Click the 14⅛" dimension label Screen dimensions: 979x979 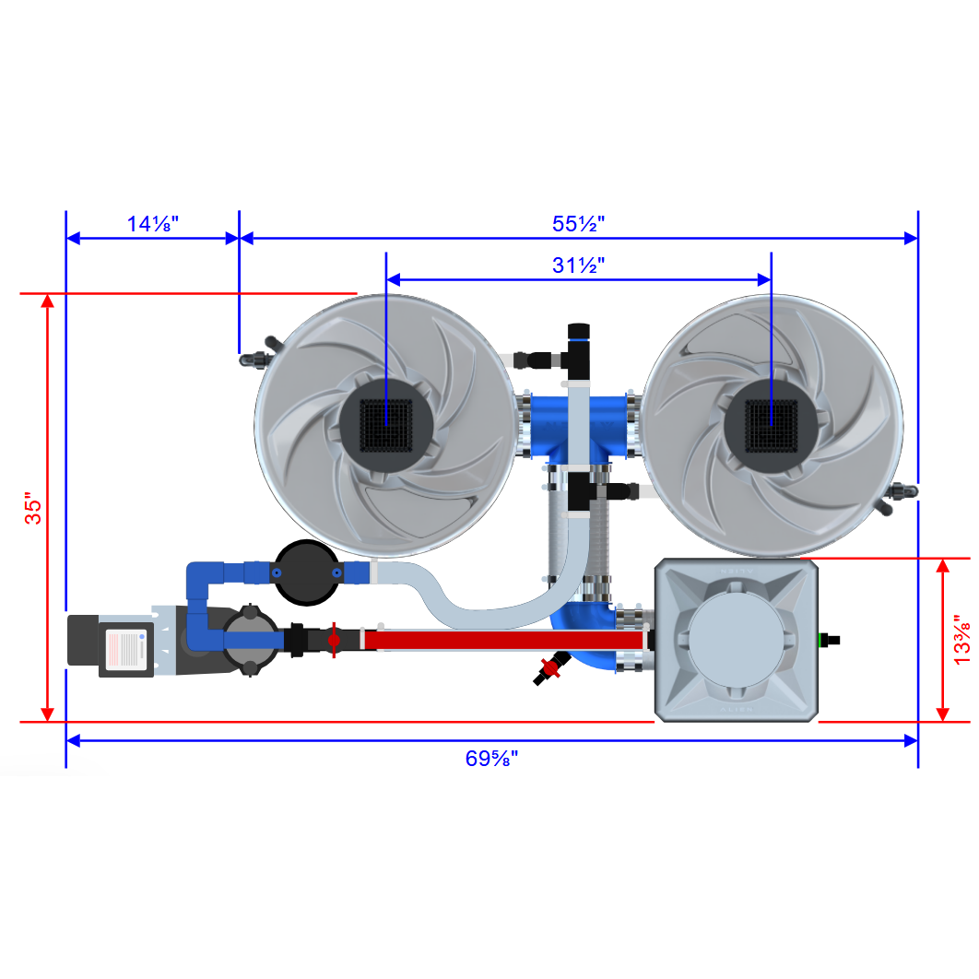152,224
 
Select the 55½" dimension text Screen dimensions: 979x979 578,224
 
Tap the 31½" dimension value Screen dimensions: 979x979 578,265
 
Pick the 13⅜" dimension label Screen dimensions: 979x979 961,639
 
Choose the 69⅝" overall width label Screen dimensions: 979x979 491,759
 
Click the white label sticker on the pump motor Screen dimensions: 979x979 126,649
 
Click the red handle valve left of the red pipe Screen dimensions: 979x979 334,638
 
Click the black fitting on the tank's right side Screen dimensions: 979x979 833,638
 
